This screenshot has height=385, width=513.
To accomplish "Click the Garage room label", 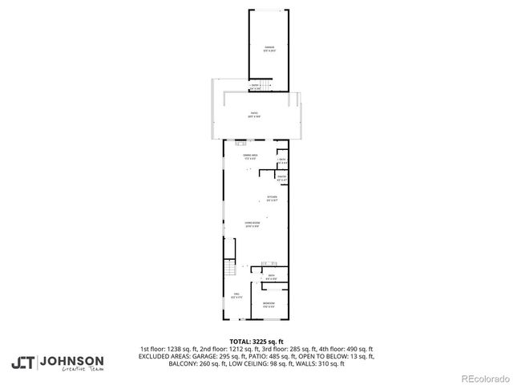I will [269, 50].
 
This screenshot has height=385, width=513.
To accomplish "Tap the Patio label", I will [252, 115].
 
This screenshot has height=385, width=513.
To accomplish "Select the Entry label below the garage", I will [256, 85].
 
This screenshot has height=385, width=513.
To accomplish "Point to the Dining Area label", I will [250, 156].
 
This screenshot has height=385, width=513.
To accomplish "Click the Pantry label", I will [282, 177].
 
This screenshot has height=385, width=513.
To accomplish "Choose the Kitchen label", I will [272, 198].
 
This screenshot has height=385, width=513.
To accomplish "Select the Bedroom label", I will [269, 305].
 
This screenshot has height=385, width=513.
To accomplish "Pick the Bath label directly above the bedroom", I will [271, 278].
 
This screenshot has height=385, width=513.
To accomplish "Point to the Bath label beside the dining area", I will [282, 161].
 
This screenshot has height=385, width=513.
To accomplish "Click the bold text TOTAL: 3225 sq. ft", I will [256, 341].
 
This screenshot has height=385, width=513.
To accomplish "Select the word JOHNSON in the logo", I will [72, 361].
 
